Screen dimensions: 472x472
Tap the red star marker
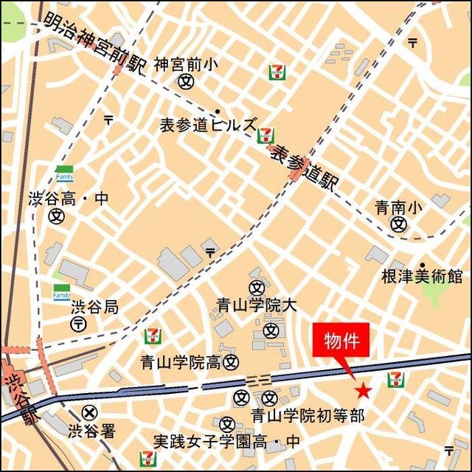pos(363,391)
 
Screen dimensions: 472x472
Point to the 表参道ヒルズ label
pos(209,125)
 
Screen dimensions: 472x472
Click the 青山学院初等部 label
pos(308,416)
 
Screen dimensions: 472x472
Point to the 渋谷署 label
pos(91,431)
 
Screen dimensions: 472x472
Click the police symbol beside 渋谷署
pos(90,413)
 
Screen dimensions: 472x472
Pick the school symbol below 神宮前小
pos(185,82)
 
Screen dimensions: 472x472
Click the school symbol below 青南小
pos(399,224)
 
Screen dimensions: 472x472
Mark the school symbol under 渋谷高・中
pos(57,217)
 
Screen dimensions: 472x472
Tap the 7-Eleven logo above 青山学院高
pos(152,337)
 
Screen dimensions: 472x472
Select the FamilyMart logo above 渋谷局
pos(61,292)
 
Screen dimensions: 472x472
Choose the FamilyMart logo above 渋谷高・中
pos(64,174)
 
